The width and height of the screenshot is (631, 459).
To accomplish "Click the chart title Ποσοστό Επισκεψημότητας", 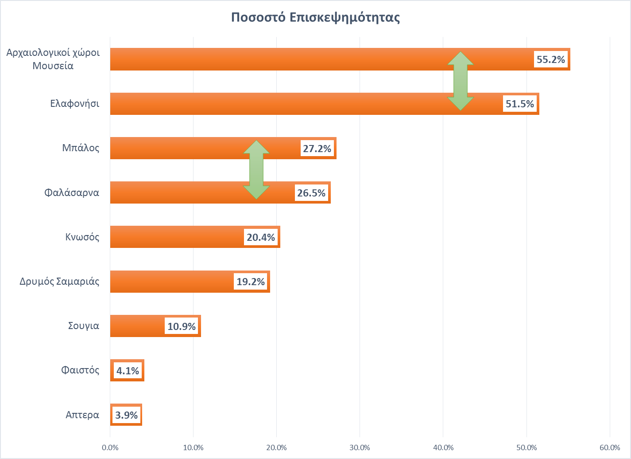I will [315, 18].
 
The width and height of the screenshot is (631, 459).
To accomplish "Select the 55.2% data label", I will [550, 59].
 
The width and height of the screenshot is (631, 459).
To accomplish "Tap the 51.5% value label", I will [519, 104].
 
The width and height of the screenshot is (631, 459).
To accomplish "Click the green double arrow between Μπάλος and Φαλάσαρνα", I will [256, 169].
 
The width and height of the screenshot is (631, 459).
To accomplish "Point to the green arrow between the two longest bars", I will [461, 81].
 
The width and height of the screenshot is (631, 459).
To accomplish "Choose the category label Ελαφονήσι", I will [74, 104].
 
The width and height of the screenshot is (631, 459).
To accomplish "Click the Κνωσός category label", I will [82, 237].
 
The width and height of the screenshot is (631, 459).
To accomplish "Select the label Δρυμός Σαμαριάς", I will [59, 281].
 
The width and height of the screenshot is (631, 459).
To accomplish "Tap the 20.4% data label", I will [261, 237].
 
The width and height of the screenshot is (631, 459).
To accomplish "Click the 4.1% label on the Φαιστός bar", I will [128, 371].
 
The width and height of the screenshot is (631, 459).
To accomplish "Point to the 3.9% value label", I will [126, 415].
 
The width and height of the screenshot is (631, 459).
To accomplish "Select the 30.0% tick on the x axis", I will [360, 447].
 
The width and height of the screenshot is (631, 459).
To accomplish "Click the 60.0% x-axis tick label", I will [610, 447].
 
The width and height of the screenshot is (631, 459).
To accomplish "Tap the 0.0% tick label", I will [110, 447].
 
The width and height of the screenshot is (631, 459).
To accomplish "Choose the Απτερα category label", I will [82, 415].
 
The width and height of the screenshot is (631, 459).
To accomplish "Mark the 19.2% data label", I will [251, 282].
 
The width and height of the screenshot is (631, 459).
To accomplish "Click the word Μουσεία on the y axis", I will [53, 66].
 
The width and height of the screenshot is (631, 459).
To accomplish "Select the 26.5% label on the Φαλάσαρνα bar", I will [311, 193].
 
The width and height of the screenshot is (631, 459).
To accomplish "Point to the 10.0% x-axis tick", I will [193, 447].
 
